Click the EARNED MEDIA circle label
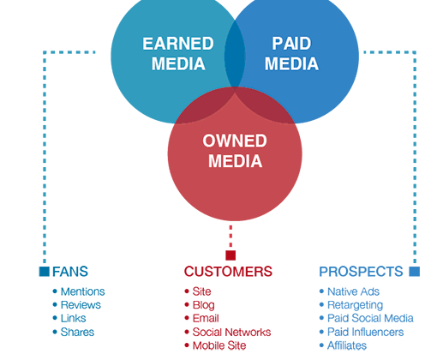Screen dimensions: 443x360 click(x=178, y=53)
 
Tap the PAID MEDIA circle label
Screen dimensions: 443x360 click(x=291, y=53)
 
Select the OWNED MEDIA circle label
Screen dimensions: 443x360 click(x=235, y=151)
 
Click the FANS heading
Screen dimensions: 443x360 click(x=70, y=272)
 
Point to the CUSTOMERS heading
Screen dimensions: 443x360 click(x=228, y=272)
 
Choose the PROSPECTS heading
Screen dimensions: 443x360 click(x=361, y=272)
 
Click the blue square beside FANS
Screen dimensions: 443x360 click(x=45, y=272)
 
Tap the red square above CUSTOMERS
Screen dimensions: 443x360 click(x=230, y=255)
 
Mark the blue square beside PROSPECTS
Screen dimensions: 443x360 click(x=415, y=272)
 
